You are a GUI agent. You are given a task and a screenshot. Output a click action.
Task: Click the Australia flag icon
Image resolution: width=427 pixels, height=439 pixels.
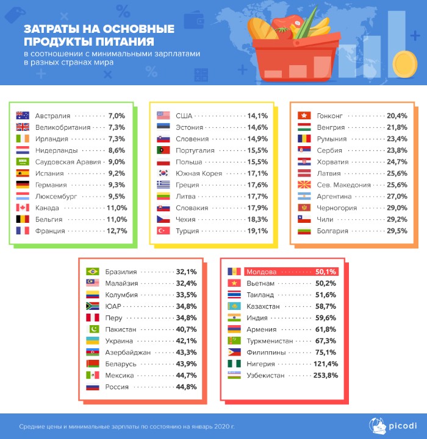(x=23, y=116)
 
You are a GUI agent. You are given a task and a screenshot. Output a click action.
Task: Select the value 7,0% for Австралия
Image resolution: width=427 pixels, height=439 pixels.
(x=116, y=116)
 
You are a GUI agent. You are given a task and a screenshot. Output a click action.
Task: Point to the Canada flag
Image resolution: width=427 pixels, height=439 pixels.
(x=23, y=208)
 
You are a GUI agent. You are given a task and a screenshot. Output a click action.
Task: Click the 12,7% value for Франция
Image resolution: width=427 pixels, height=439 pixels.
(x=116, y=231)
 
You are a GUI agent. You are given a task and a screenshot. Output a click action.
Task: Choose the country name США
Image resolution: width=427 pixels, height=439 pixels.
(x=184, y=116)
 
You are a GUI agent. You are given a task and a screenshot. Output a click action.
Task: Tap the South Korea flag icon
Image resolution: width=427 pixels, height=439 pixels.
(x=163, y=174)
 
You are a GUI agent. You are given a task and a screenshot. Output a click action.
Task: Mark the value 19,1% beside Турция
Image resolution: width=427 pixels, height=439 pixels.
(x=257, y=231)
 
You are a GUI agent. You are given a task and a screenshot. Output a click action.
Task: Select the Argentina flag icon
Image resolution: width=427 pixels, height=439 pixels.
(x=304, y=197)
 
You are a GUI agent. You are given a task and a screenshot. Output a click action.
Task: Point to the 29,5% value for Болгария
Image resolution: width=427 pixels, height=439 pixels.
(x=397, y=231)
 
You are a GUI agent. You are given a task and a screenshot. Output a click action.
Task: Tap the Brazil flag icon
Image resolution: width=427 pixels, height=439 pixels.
(x=93, y=272)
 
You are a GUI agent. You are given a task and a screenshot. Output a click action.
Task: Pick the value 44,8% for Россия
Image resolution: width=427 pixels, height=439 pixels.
(x=186, y=387)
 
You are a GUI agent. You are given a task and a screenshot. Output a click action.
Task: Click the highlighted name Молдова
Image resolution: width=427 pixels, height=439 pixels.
(x=262, y=272)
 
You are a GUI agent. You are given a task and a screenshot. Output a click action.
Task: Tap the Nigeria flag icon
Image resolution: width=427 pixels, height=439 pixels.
(x=234, y=364)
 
